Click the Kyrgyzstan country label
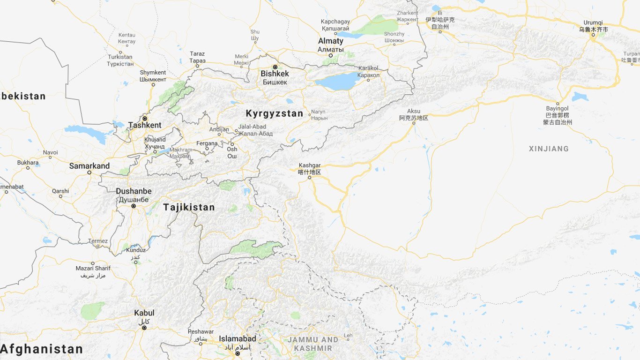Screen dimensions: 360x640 [275, 113]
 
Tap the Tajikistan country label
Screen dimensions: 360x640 [189, 207]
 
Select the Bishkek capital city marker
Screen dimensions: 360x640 [275, 67]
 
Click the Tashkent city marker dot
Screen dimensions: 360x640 [145, 118]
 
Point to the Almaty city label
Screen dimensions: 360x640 [331, 41]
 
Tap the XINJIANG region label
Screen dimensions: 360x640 [549, 149]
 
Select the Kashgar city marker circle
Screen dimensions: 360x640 [309, 178]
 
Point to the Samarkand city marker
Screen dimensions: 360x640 [89, 172]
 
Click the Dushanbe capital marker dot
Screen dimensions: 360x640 [134, 206]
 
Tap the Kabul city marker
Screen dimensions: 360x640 [144, 328]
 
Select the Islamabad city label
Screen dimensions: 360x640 [238, 338]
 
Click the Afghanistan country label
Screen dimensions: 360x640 [41, 349]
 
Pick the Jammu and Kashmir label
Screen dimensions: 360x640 [313, 344]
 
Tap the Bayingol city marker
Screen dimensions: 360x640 [558, 103]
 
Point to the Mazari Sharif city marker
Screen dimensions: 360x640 [93, 263]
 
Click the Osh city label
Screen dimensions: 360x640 [232, 150]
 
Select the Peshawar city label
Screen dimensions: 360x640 [201, 331]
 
